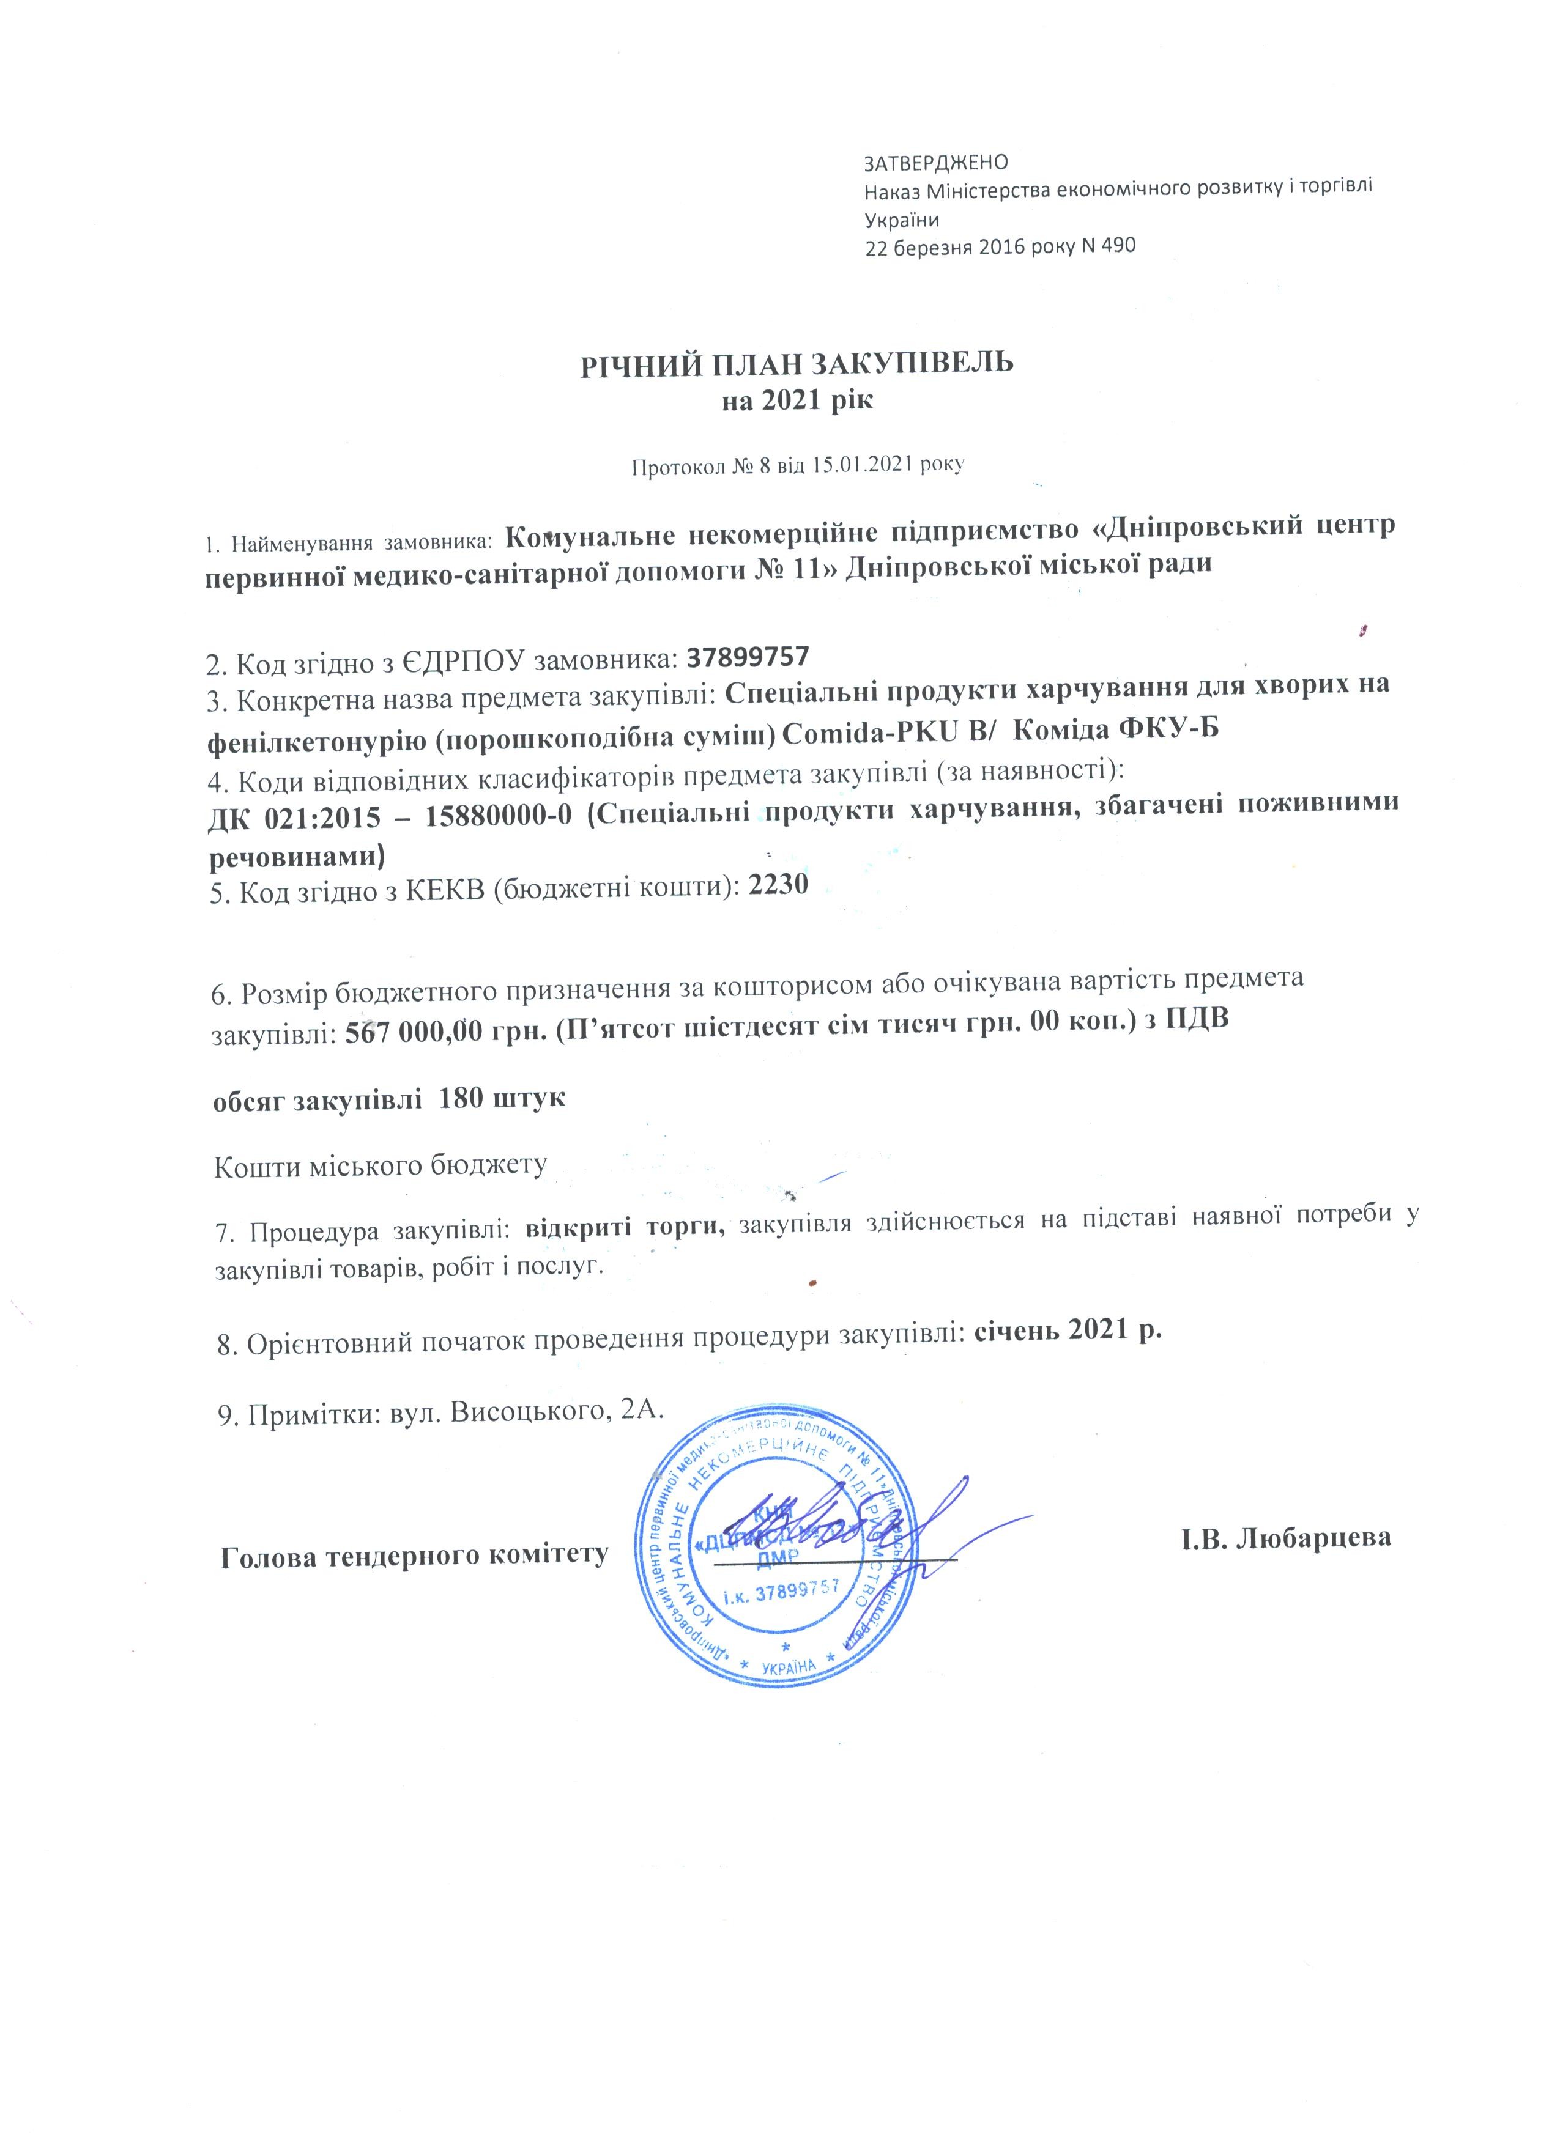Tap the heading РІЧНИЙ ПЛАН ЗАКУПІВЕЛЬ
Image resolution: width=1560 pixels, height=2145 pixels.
(797, 363)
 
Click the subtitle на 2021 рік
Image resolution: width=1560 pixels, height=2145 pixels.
(797, 401)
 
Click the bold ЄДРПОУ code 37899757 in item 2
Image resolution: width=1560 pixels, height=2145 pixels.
(749, 655)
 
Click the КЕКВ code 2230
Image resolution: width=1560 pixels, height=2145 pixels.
(778, 886)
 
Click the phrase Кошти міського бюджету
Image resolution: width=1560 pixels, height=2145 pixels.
(381, 1165)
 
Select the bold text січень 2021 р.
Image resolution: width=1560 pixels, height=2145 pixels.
(1067, 1329)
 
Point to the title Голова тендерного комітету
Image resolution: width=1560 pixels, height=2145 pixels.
(414, 1556)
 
